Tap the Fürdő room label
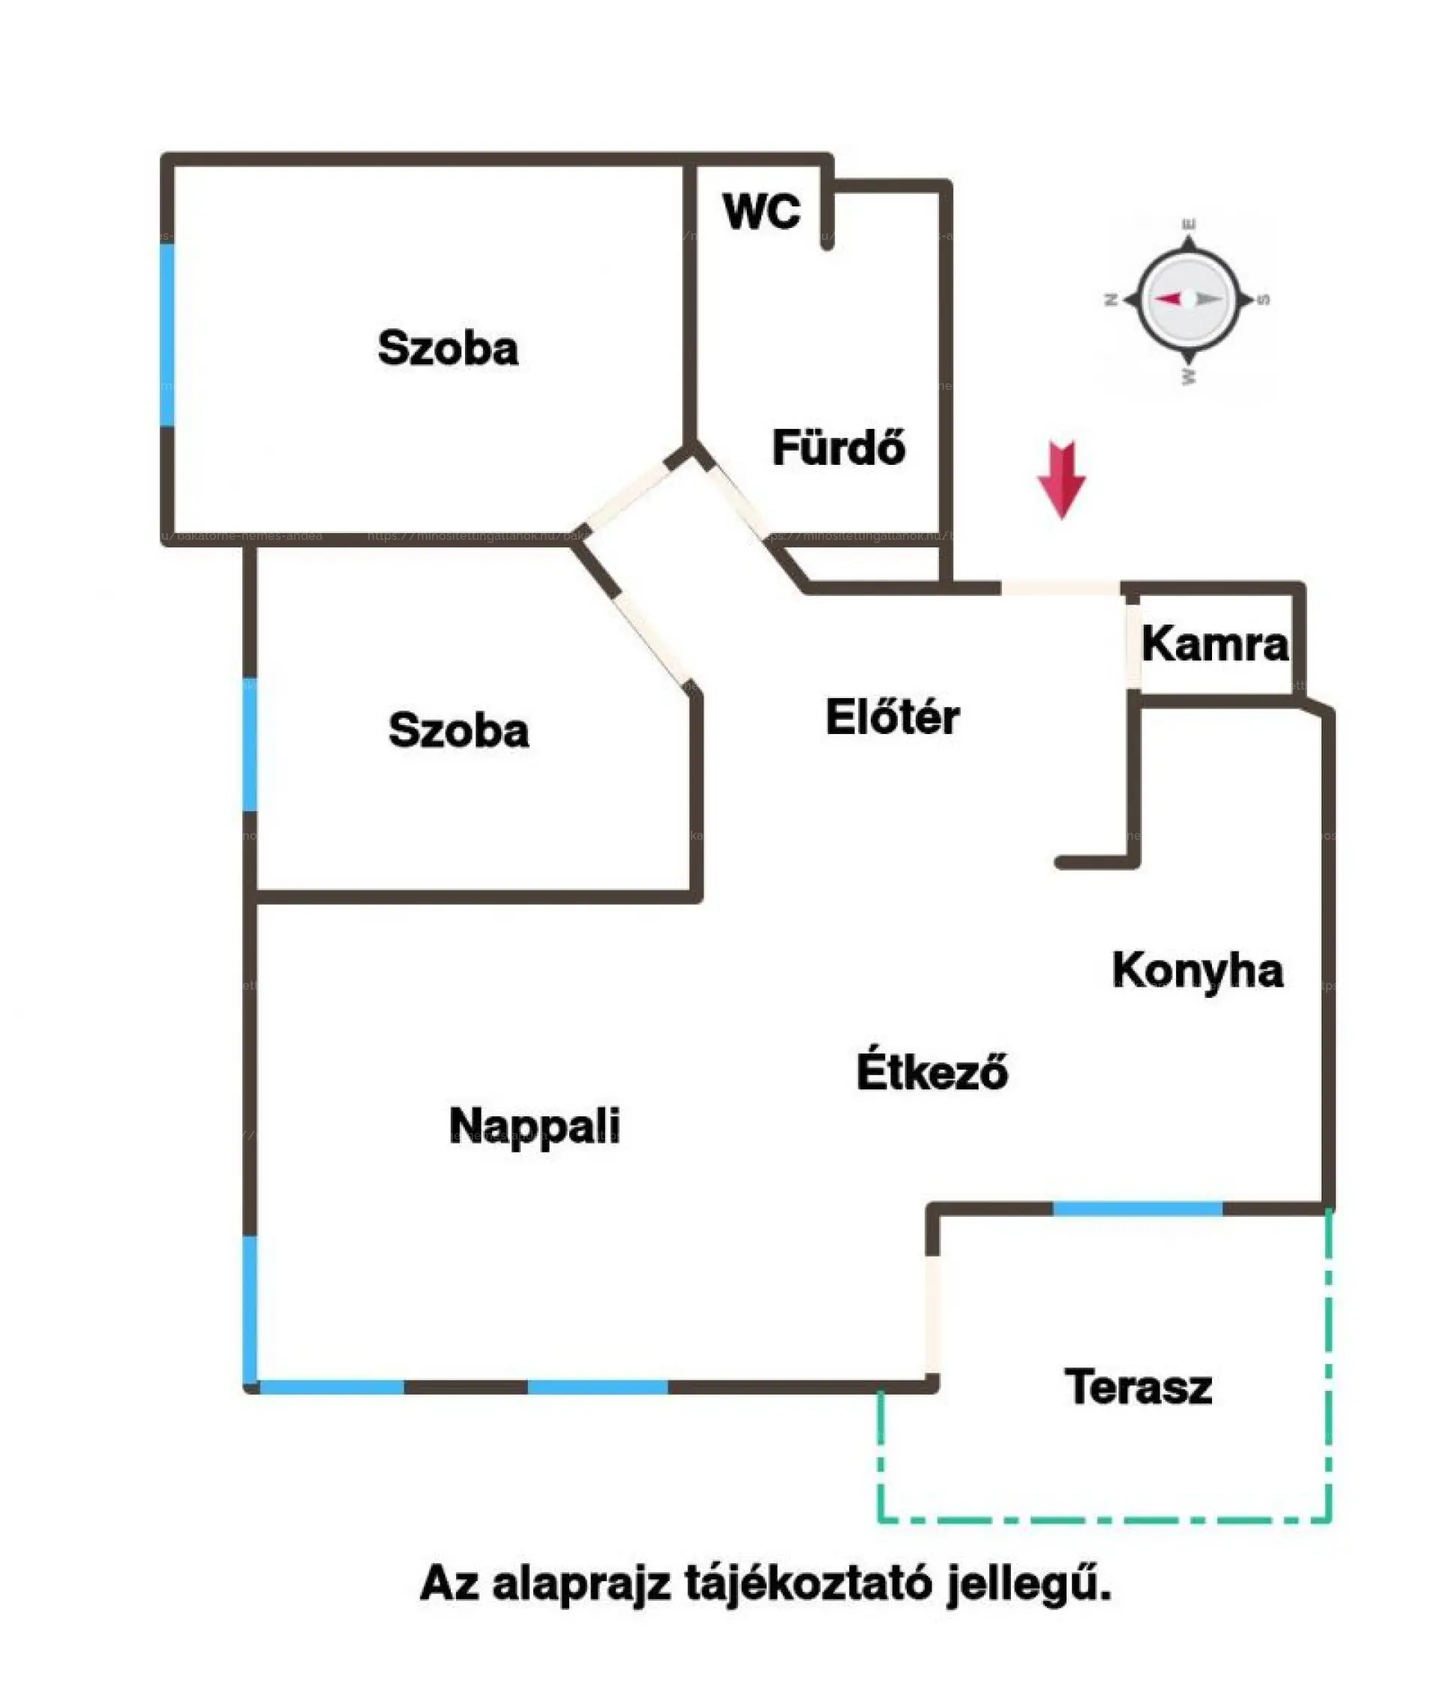coord(838,448)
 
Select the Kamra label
coord(1215,644)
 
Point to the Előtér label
coord(892,718)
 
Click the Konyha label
coord(1197,971)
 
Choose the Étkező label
coord(931,1071)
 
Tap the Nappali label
coord(535,1126)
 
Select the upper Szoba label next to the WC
coord(447,348)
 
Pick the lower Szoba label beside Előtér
coord(458,730)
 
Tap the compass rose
coord(1189,300)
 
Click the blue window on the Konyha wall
coord(1137,1209)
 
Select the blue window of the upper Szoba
coord(167,334)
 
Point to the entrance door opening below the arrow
coord(1060,588)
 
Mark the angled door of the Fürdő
coord(737,499)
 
